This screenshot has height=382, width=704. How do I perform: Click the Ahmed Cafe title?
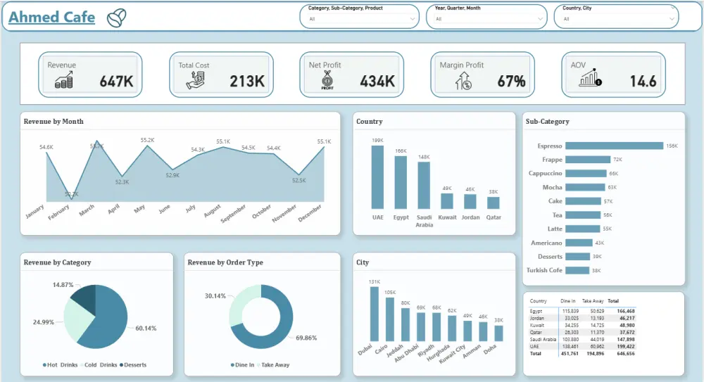pyautogui.click(x=51, y=17)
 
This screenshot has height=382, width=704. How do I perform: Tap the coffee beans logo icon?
pyautogui.click(x=116, y=18)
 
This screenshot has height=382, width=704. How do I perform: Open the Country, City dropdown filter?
pyautogui.click(x=617, y=18)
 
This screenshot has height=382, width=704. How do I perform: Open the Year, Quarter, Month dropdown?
pyautogui.click(x=486, y=18)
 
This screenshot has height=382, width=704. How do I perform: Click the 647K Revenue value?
pyautogui.click(x=116, y=81)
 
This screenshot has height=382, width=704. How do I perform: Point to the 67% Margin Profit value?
pyautogui.click(x=511, y=81)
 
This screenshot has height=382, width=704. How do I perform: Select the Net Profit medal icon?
pyautogui.click(x=327, y=80)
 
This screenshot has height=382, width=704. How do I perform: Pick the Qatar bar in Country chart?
pyautogui.click(x=493, y=203)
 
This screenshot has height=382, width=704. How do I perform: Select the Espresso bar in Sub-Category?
pyautogui.click(x=614, y=146)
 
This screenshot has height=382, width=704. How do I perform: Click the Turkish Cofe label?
pyautogui.click(x=543, y=270)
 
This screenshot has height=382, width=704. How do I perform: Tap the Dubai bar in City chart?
pyautogui.click(x=373, y=314)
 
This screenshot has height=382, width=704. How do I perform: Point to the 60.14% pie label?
pyautogui.click(x=146, y=328)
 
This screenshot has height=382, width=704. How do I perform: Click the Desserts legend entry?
pyautogui.click(x=133, y=365)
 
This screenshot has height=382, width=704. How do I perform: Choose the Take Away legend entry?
pyautogui.click(x=274, y=365)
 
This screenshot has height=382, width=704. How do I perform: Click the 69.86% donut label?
pyautogui.click(x=307, y=338)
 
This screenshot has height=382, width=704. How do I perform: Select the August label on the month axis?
pyautogui.click(x=212, y=212)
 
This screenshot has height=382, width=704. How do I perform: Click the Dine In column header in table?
pyautogui.click(x=569, y=300)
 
